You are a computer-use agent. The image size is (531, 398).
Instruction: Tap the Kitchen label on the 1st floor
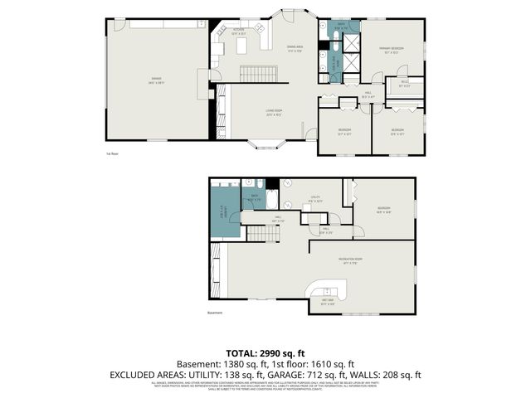[x=238, y=32]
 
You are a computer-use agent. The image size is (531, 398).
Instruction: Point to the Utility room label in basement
[x=315, y=198]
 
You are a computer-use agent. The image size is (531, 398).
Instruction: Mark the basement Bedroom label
[x=382, y=209]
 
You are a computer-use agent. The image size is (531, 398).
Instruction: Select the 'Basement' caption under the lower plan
[x=215, y=313]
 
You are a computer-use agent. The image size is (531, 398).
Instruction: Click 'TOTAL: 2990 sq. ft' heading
[x=265, y=352]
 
